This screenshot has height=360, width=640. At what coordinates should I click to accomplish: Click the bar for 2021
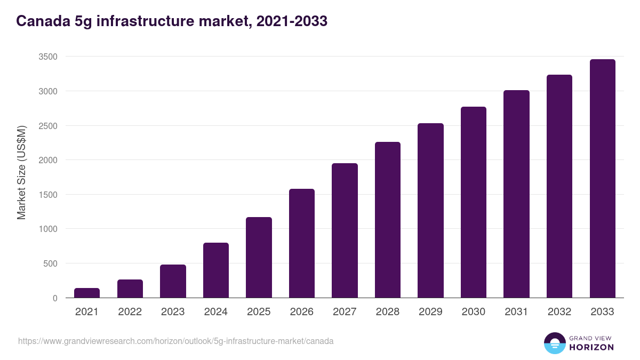tap(87, 293)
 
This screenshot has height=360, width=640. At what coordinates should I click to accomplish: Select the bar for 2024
tap(216, 270)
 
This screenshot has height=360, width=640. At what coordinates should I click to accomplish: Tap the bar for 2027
tap(345, 230)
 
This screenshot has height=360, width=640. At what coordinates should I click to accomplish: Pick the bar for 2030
tap(474, 202)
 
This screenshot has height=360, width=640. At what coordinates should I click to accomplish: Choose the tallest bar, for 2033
tap(602, 179)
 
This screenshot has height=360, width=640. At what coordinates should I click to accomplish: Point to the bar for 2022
tap(130, 289)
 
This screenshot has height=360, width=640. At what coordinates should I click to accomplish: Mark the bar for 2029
tap(430, 211)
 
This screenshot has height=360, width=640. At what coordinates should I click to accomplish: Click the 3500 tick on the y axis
tap(47, 57)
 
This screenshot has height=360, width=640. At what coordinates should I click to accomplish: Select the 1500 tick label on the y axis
tap(47, 195)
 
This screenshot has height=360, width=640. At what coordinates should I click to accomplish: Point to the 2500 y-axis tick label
tap(47, 126)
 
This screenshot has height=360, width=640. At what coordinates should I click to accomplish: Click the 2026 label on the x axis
tap(302, 312)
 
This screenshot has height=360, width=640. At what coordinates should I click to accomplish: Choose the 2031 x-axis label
tap(516, 312)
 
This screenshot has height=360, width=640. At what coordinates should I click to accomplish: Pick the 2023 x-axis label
tap(173, 312)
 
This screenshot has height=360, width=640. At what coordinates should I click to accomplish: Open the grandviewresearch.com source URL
tap(176, 341)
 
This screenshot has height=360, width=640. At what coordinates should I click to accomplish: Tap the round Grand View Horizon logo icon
tap(554, 343)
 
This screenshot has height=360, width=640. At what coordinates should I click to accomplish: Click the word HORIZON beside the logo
tap(591, 347)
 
